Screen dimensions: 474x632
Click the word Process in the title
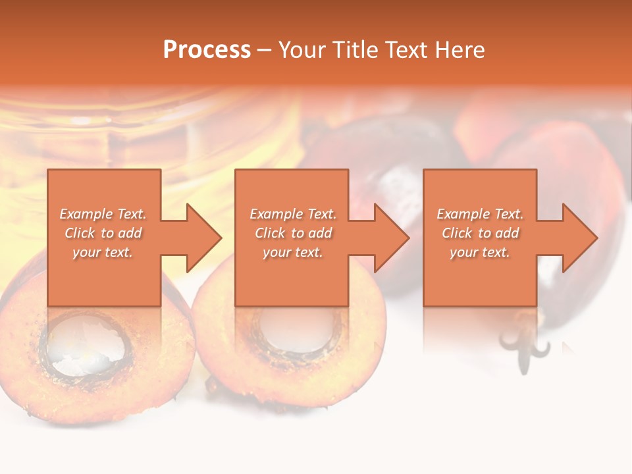(x=207, y=49)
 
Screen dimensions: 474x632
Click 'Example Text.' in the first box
(x=103, y=214)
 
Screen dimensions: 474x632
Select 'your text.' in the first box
(x=103, y=252)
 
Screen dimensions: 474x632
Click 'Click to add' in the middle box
(x=293, y=233)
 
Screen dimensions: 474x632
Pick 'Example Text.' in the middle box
(x=293, y=214)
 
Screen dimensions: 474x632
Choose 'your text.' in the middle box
(x=293, y=252)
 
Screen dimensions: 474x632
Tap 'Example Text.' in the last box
(x=480, y=214)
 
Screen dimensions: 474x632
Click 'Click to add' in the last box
(x=480, y=233)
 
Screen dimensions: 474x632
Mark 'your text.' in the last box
(x=480, y=252)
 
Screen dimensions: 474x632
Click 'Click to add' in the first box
(x=103, y=233)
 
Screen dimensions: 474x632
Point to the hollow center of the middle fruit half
(x=290, y=329)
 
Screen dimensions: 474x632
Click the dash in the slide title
(x=265, y=50)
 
